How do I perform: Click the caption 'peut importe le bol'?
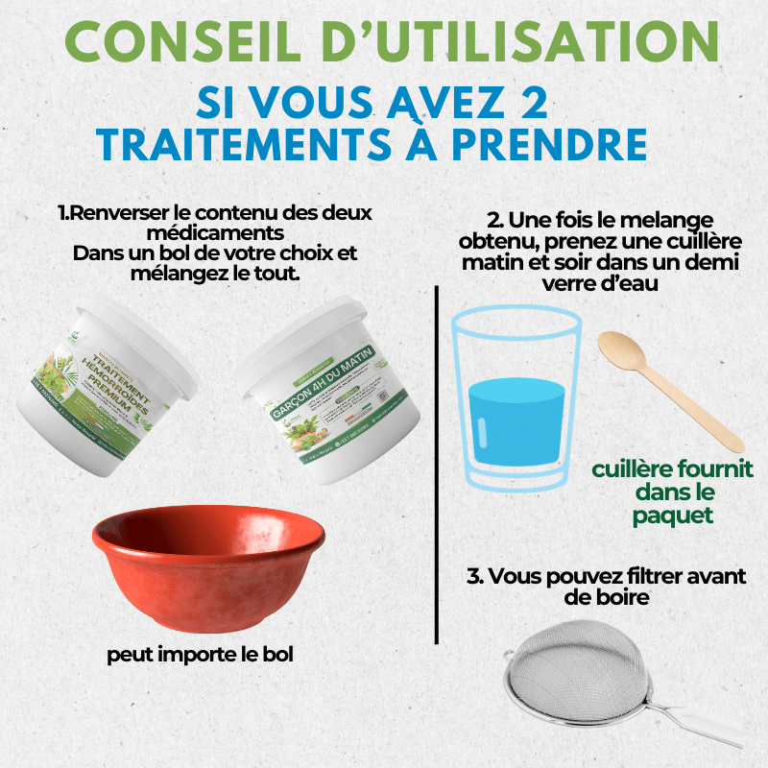coord(200,655)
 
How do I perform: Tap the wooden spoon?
coord(662,384)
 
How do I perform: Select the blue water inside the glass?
coord(516,413)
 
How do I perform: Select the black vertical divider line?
coord(437,461)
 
